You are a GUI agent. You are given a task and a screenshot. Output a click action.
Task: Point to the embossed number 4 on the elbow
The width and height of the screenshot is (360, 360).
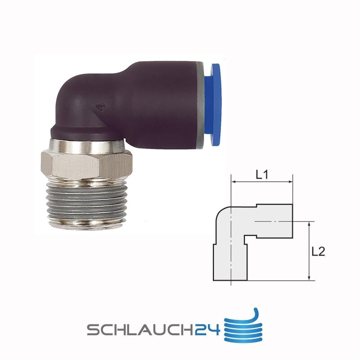[x=101, y=108]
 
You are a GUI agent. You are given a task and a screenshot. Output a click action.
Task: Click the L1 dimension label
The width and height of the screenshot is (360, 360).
[x=262, y=175]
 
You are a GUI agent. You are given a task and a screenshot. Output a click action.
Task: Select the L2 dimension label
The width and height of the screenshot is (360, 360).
[x=318, y=252]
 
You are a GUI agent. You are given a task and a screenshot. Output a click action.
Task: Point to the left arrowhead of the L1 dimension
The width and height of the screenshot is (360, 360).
[x=234, y=182]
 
